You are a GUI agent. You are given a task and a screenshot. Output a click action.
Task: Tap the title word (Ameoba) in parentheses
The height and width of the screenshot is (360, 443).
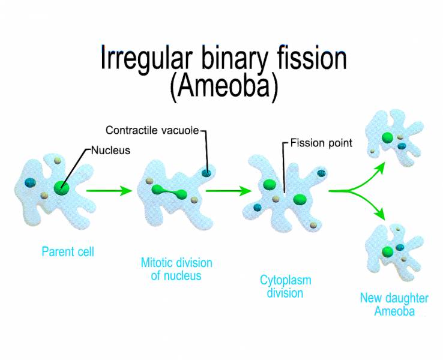[224, 88]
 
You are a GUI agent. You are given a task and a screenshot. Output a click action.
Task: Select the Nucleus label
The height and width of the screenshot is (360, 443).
[110, 150]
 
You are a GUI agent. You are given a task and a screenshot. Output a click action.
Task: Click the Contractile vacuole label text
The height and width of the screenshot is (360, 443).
[153, 130]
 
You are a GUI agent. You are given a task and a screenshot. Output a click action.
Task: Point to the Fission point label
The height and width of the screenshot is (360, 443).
[322, 143]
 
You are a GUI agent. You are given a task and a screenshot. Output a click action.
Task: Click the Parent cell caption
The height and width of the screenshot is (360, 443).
[67, 252]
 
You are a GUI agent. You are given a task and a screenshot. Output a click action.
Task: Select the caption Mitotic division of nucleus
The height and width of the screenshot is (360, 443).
[176, 269]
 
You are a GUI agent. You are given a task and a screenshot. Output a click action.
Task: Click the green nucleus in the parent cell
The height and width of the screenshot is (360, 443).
[61, 188]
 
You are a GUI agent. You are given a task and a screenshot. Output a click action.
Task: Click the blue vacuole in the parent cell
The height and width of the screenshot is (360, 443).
[30, 182]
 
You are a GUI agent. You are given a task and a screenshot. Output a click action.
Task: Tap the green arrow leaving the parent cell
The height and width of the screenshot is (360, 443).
[108, 191]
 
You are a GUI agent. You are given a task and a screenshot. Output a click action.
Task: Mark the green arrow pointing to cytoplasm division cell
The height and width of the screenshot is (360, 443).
[228, 191]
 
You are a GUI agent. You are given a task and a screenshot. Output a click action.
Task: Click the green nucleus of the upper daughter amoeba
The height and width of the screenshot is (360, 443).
[388, 137]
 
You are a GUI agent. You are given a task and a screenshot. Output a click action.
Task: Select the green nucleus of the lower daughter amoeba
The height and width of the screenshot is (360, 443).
[387, 250]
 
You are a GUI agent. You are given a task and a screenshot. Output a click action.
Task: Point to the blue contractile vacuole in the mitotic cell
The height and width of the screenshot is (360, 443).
[206, 173]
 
